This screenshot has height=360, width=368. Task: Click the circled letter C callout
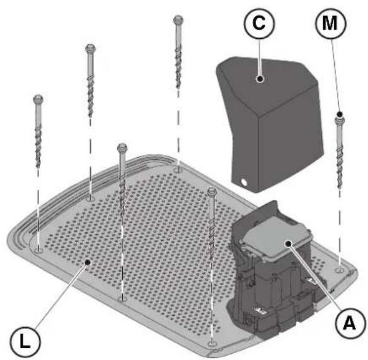(259, 23)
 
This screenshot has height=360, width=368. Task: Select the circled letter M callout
(330, 23)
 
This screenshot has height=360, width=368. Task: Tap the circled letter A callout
(350, 323)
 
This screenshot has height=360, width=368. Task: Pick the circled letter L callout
(25, 342)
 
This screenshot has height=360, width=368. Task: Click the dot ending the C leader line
(260, 78)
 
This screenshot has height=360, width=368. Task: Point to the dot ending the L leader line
(88, 262)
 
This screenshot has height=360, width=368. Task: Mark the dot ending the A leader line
(289, 243)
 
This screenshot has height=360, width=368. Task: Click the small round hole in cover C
(244, 182)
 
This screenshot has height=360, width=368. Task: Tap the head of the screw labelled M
(340, 119)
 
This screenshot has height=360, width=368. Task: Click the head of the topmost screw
(178, 20)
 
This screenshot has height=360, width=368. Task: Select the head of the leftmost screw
(38, 99)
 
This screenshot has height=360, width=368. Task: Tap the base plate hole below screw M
(340, 270)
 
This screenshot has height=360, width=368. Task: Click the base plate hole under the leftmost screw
(38, 250)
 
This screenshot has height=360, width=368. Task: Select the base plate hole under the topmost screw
(178, 170)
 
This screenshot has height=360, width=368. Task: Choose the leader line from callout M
(335, 77)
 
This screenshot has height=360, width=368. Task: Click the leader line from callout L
(60, 296)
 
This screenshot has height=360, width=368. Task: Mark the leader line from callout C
(260, 57)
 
